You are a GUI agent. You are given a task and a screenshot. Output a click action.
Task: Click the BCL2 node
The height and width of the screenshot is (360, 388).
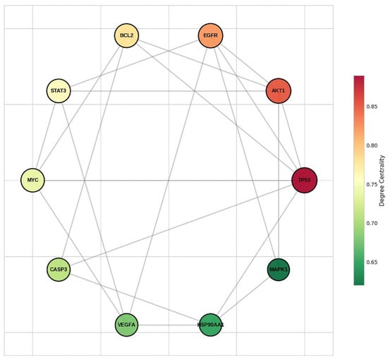point(126,36)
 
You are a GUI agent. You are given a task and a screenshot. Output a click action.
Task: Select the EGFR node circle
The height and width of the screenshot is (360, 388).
point(211,36)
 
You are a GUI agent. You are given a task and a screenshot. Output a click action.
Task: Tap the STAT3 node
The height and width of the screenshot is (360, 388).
point(59,91)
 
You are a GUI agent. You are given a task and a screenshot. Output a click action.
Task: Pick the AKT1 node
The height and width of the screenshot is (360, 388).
point(279,91)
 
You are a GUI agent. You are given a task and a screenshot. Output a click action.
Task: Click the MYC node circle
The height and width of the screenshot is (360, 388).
point(32,180)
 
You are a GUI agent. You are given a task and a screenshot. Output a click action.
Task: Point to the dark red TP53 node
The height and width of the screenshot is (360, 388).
point(304,180)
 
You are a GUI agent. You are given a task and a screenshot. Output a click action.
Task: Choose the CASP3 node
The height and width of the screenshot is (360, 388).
point(59,270)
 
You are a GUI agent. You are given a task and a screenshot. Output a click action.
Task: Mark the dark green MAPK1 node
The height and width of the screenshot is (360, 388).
point(279,270)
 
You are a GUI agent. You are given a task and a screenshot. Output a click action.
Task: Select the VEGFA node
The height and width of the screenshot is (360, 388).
point(126,325)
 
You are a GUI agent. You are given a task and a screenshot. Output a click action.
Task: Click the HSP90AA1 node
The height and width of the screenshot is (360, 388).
point(211,325)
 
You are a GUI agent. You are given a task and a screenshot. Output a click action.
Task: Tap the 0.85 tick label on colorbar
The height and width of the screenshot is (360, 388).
point(372,107)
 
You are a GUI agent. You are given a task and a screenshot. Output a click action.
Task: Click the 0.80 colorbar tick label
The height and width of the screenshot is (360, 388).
point(372,145)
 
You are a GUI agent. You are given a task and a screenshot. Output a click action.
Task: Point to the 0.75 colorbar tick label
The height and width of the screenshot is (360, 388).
point(372,184)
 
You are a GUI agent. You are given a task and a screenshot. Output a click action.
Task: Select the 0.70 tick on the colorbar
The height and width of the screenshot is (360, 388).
point(372,223)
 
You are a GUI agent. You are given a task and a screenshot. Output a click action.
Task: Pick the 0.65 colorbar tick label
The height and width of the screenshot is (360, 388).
point(372,262)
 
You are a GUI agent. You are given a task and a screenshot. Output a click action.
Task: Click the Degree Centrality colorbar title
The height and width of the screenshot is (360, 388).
point(382,181)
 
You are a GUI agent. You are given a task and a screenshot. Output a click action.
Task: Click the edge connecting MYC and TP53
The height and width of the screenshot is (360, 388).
point(169,180)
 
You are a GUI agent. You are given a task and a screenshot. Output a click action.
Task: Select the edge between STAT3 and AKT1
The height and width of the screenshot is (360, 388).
point(169,91)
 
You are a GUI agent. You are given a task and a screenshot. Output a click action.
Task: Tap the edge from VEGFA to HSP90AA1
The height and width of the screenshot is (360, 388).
point(169,325)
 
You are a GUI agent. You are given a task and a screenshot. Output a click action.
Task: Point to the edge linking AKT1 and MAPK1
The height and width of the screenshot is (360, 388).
point(279,181)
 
